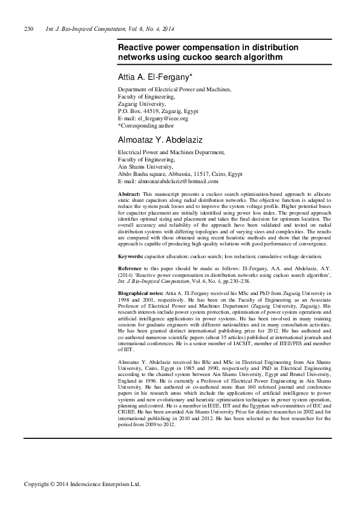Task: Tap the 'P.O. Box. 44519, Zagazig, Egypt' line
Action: [x=159, y=111]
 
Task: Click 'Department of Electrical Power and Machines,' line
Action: [x=174, y=89]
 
